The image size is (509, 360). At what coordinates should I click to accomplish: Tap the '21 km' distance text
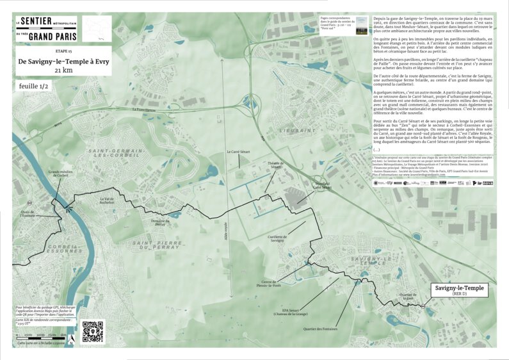[x=63, y=70]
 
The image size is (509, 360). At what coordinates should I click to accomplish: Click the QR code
[x=92, y=331]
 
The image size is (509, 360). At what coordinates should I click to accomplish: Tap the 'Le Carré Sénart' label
[x=239, y=152]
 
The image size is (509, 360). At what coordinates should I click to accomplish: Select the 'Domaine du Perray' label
[x=161, y=221]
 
